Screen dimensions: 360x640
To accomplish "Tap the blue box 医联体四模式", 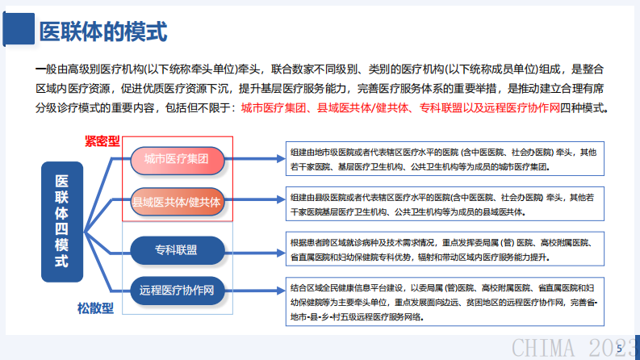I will point(61,222).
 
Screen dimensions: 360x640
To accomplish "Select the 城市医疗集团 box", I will point(176,159).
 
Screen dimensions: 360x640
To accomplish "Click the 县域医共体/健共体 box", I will point(176,201).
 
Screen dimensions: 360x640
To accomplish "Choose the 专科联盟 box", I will point(176,249).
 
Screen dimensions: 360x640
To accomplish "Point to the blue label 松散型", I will point(95,308).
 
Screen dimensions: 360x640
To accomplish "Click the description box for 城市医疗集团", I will point(446,159).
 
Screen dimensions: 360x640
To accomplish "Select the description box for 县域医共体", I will point(446,203).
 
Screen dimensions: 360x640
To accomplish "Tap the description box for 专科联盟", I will point(446,249).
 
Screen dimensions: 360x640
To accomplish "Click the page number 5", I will point(618,348).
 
